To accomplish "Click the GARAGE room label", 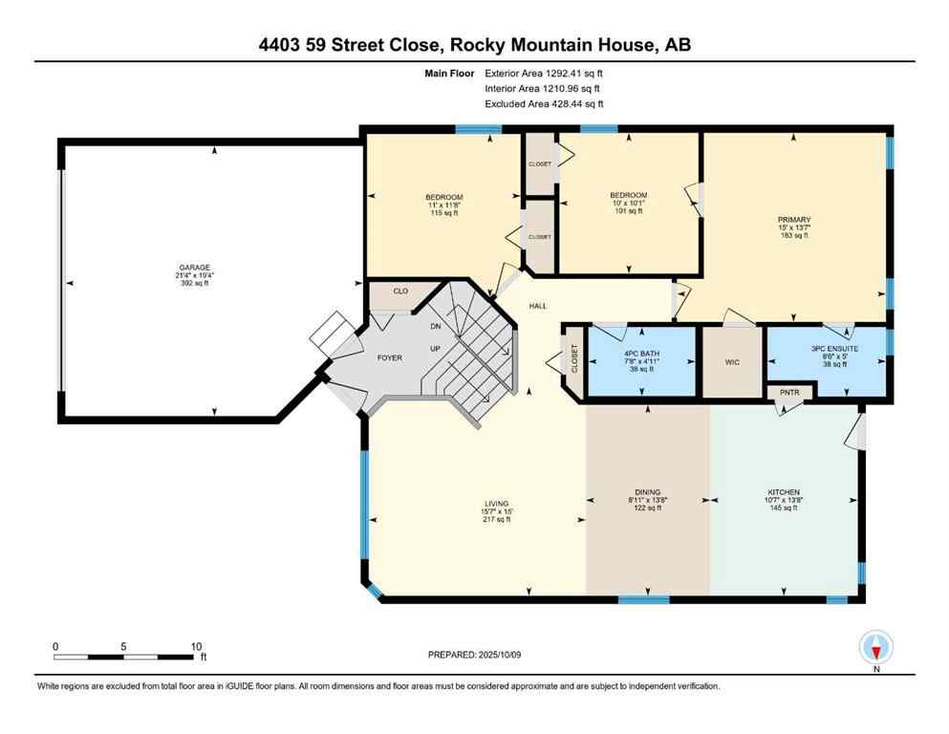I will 199,268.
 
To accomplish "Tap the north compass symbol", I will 876,649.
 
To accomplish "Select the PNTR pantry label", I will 789,393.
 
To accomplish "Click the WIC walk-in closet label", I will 733,362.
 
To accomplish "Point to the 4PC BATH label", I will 641,354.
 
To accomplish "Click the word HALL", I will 538,306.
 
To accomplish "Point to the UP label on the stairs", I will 435,349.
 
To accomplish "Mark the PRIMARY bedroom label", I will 793,220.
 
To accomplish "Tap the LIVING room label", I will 496,504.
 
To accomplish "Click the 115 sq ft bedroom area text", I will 444,213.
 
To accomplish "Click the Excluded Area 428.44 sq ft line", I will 544,103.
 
